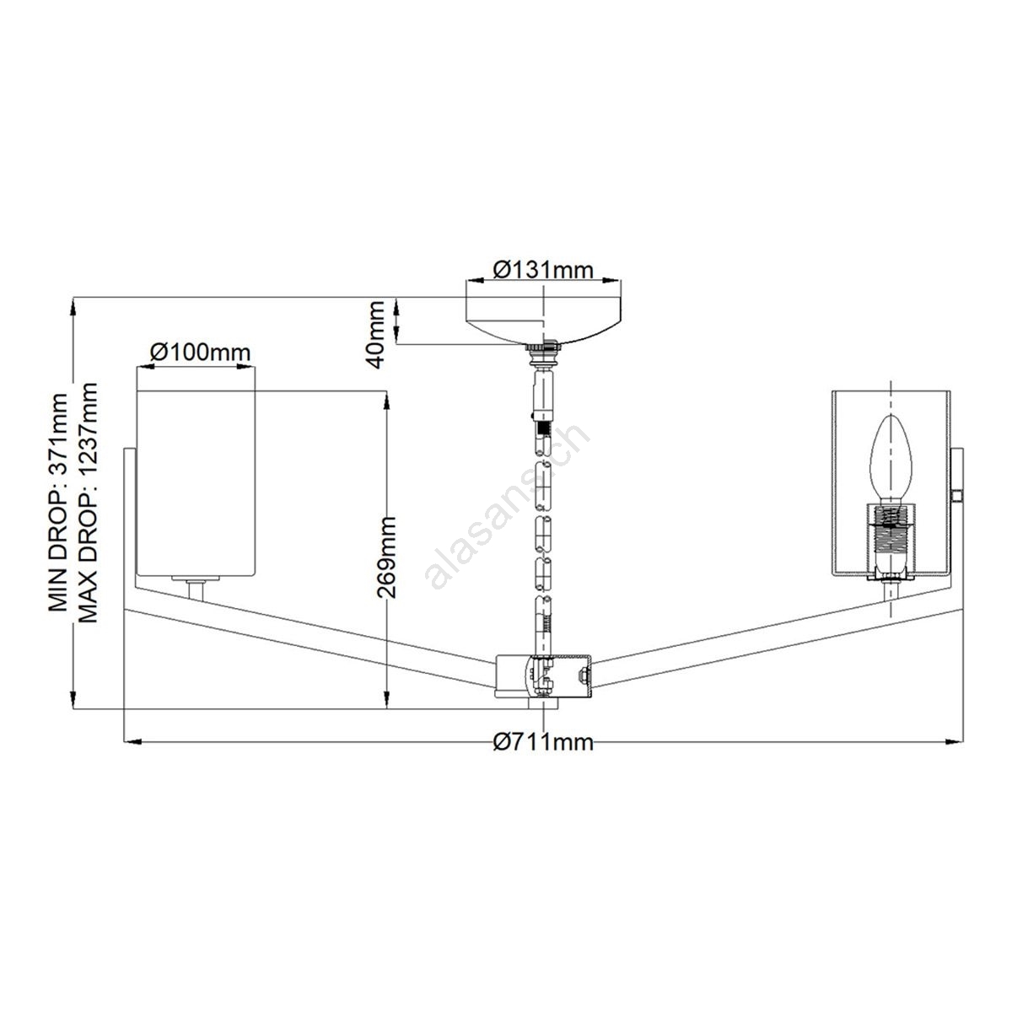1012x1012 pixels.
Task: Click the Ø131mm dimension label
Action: [x=543, y=270]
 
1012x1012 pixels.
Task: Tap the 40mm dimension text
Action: [x=377, y=334]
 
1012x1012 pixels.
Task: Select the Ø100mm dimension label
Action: [x=200, y=352]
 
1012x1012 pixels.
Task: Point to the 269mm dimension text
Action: [x=387, y=557]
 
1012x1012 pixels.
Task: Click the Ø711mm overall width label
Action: [x=543, y=743]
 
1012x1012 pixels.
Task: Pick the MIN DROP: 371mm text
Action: [x=58, y=503]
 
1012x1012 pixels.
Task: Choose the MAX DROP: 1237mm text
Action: [x=87, y=503]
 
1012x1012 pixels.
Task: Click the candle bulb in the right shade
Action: [x=891, y=460]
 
